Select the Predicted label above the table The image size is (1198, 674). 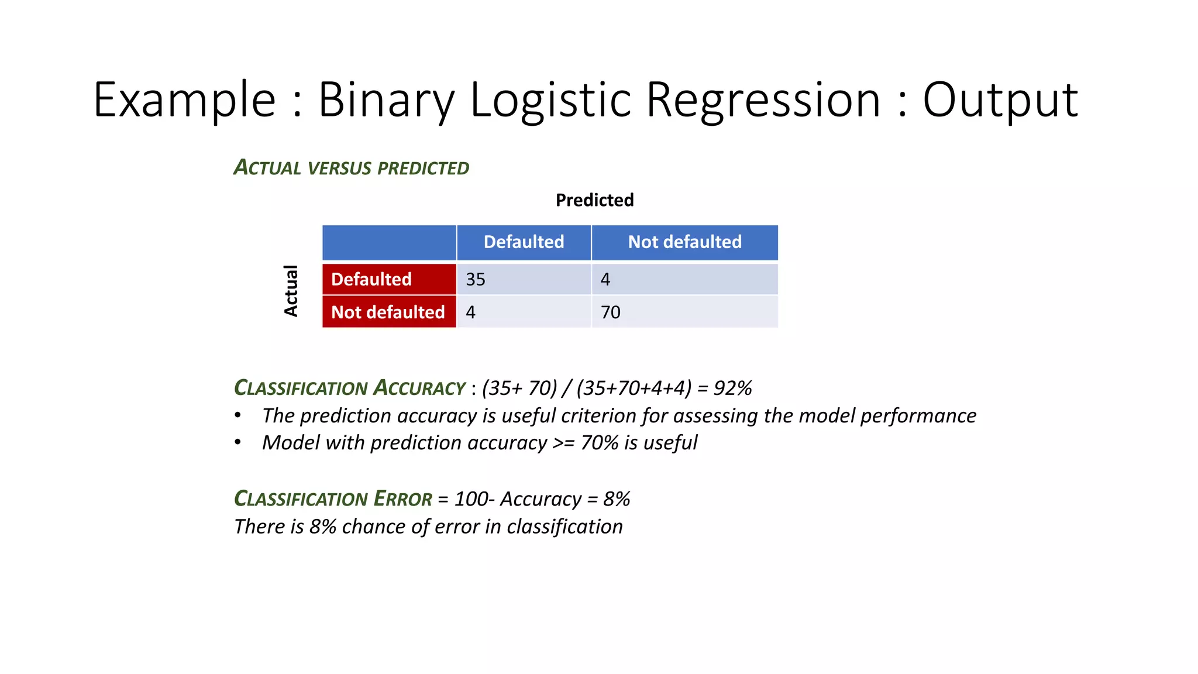(594, 200)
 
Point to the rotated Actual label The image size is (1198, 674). (291, 291)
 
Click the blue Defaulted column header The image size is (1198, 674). (524, 242)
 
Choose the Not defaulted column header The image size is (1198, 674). (684, 242)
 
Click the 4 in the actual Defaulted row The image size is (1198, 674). (605, 280)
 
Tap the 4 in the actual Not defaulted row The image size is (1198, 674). (470, 312)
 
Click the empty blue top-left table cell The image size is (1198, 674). (389, 242)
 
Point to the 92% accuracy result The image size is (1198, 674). (732, 388)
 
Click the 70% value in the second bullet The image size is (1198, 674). (600, 443)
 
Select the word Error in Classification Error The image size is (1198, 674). (403, 498)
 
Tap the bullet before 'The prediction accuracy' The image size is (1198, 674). (237, 415)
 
